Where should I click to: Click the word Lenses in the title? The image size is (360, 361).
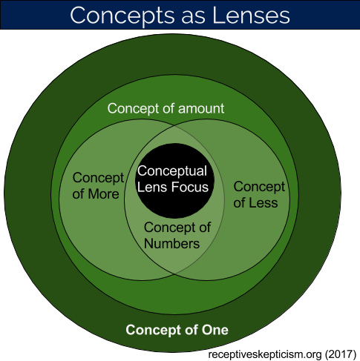251,16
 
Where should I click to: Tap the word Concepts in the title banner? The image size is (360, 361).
122,16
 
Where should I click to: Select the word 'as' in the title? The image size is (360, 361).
194,18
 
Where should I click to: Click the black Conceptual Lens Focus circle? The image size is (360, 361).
174,181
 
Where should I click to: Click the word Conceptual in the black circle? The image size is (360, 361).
172,171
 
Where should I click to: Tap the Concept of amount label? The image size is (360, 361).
166,109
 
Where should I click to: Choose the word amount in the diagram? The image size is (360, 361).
201,109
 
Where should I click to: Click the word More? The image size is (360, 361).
104,194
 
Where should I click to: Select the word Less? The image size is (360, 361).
263,203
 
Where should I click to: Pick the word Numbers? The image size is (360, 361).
171,244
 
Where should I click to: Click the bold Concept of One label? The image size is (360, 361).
177,330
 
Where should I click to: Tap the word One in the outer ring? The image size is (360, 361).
215,330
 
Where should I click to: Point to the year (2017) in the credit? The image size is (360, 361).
341,354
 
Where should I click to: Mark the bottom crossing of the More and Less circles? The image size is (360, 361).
174,274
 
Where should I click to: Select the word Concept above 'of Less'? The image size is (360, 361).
259,188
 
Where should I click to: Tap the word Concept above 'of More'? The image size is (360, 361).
98,179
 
